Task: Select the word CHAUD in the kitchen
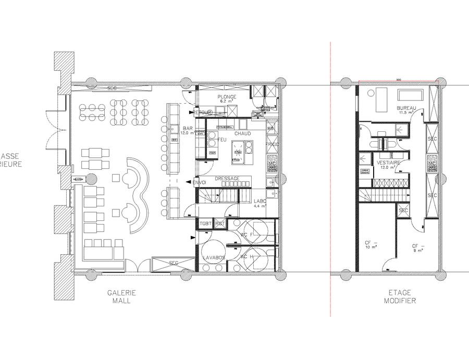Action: pyautogui.click(x=242, y=134)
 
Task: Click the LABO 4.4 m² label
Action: pyautogui.click(x=260, y=203)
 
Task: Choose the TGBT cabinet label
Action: pyautogui.click(x=205, y=224)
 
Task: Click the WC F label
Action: pyautogui.click(x=246, y=234)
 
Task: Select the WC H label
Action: pyautogui.click(x=246, y=257)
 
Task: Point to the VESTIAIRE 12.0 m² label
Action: pyautogui.click(x=389, y=165)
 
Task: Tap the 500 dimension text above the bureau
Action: pyautogui.click(x=398, y=80)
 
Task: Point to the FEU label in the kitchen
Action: pyautogui.click(x=221, y=140)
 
